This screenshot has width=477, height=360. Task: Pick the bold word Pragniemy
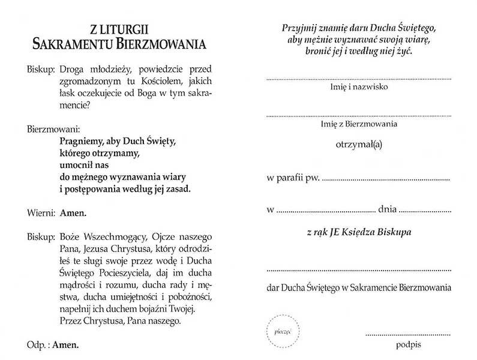pyautogui.click(x=83, y=142)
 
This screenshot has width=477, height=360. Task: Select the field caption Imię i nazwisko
pyautogui.click(x=359, y=88)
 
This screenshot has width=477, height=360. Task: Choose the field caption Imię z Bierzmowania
pyautogui.click(x=359, y=124)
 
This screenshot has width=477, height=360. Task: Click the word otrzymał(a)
pyautogui.click(x=359, y=143)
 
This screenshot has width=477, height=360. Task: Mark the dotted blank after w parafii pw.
pyautogui.click(x=386, y=179)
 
